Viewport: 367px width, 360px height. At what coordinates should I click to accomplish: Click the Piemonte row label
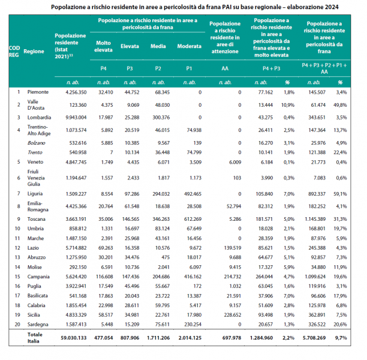35,92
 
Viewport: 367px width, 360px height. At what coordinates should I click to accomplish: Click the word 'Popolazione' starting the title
70,7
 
